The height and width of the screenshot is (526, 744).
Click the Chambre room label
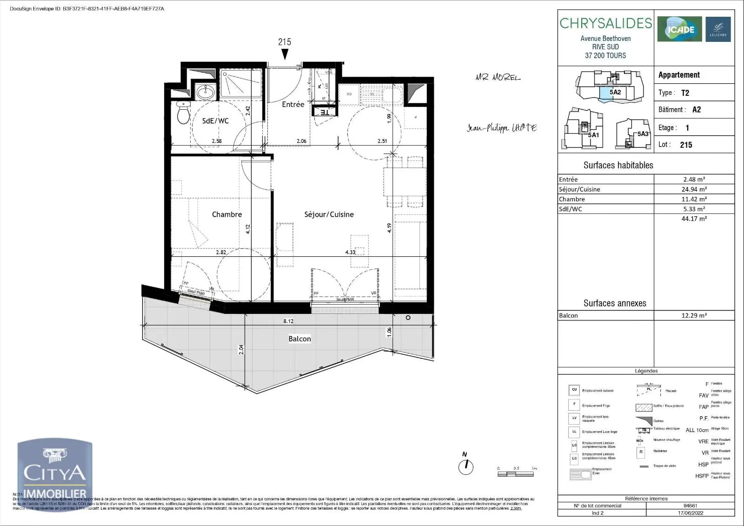click(x=227, y=214)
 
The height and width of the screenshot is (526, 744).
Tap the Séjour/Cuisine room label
click(x=329, y=214)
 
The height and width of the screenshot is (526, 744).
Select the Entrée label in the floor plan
click(x=293, y=105)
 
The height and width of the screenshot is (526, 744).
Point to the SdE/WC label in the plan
click(x=215, y=121)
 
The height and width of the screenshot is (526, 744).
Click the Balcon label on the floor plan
click(x=299, y=339)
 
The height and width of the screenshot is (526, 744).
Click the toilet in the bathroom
click(x=184, y=113)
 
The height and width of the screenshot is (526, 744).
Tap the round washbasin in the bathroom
click(x=204, y=93)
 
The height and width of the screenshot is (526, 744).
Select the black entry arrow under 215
click(x=285, y=54)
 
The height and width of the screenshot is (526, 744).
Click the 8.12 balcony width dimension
click(x=288, y=321)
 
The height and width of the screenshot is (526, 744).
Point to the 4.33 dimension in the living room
click(x=350, y=253)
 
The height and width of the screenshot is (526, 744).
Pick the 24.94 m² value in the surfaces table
click(x=694, y=189)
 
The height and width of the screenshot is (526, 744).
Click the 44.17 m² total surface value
click(x=694, y=219)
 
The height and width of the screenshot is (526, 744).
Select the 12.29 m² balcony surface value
click(x=694, y=315)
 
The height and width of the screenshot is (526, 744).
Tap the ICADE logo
click(x=679, y=29)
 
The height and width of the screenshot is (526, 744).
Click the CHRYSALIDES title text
click(x=605, y=23)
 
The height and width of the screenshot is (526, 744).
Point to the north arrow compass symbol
click(x=465, y=466)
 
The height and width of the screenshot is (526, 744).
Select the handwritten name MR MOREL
click(x=498, y=78)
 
